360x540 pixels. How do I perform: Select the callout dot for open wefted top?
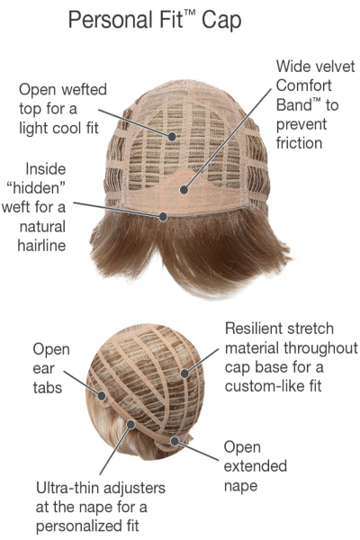click(172, 137)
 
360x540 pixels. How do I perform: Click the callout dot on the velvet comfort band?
click(184, 189)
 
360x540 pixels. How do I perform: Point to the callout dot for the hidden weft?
click(163, 217)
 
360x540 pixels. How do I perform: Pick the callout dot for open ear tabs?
click(102, 396)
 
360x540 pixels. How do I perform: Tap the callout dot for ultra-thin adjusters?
click(130, 424)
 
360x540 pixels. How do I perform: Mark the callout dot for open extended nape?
click(175, 441)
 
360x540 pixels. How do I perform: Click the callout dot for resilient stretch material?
click(185, 373)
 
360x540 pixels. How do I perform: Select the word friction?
click(299, 143)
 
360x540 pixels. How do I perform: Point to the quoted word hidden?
click(36, 188)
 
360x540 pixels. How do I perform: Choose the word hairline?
click(41, 246)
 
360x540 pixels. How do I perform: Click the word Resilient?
click(249, 328)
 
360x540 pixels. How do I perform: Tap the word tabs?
click(47, 388)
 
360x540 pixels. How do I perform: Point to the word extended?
click(256, 466)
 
